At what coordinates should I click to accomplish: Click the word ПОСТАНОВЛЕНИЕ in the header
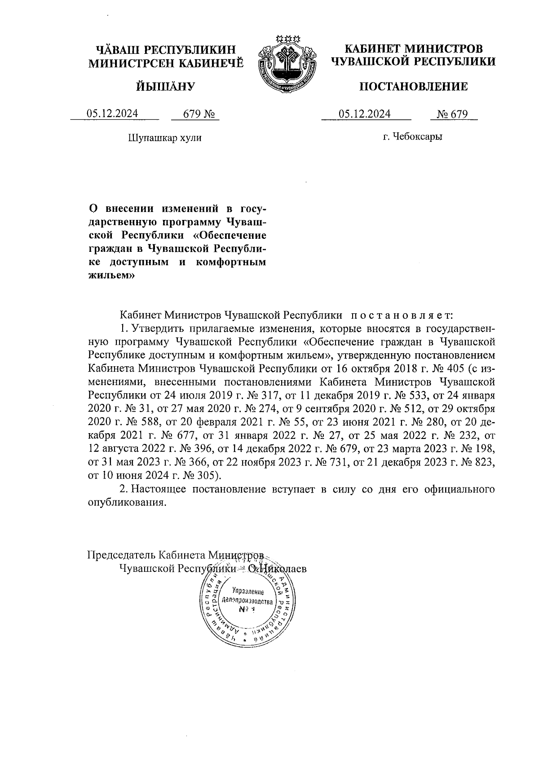(x=413, y=86)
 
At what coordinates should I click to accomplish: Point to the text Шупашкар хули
(x=165, y=137)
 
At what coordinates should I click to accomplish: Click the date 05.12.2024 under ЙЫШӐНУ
(x=112, y=114)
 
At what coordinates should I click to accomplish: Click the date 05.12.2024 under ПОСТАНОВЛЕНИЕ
(x=365, y=114)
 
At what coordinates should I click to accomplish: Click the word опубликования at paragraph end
(x=124, y=502)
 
